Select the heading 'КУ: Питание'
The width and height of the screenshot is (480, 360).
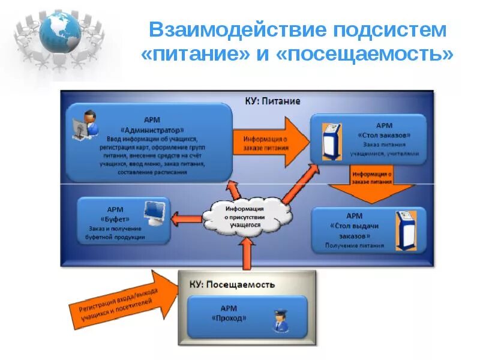pyautogui.click(x=272, y=101)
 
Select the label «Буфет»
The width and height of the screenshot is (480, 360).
pyautogui.click(x=115, y=218)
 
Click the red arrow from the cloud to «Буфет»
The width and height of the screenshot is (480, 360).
pyautogui.click(x=186, y=216)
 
